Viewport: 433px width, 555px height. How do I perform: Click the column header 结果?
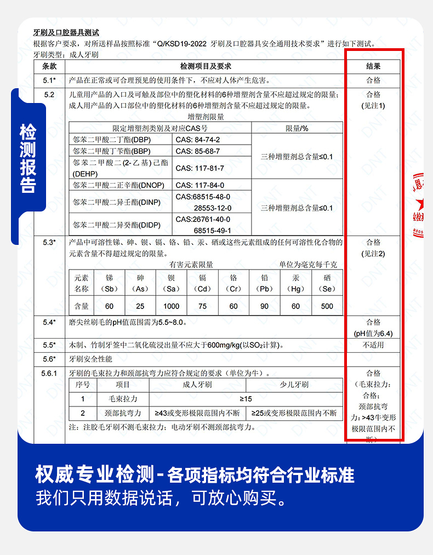373,66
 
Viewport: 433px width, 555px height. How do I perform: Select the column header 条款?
49,66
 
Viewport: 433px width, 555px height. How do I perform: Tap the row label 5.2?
49,95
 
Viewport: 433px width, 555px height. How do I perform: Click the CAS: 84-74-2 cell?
198,140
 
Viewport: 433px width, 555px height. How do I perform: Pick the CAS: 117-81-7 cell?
200,168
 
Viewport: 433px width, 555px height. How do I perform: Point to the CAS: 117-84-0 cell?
200,185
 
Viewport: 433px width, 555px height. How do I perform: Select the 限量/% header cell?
297,128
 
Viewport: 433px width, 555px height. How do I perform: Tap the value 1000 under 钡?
171,306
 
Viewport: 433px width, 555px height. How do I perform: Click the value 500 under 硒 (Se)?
327,306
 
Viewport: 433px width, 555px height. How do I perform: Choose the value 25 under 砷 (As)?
140,306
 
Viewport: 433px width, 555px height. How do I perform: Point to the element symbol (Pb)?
265,289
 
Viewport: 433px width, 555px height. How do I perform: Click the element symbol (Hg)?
296,289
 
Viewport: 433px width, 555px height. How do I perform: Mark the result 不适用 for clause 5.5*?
373,345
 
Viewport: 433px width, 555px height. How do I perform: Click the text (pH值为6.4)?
373,333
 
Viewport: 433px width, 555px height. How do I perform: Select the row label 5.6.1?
49,374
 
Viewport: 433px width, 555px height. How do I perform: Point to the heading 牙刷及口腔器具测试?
66,33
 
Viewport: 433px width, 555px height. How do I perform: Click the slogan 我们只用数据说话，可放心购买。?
161,499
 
